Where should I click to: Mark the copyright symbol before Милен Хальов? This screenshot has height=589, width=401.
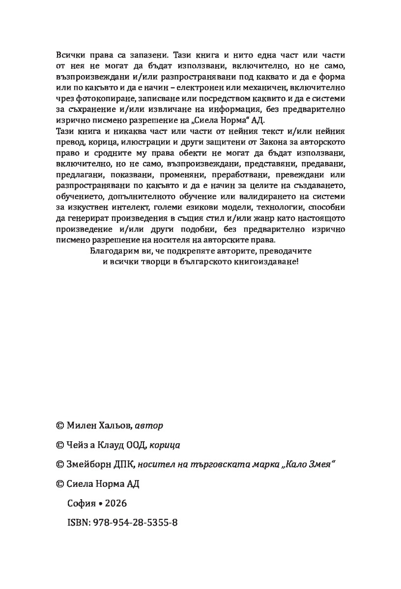(60, 425)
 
